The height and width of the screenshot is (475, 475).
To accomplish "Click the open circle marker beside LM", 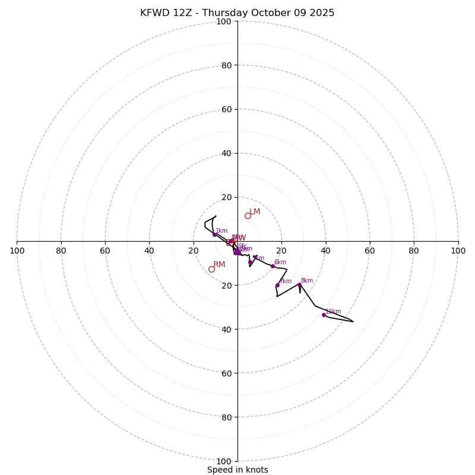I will click(248, 216).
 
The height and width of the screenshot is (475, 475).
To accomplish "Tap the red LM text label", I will click(255, 212).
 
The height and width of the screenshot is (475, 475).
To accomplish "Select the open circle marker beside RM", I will click(211, 269).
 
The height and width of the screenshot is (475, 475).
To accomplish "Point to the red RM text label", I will click(219, 265).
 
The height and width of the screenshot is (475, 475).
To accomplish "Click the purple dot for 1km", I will click(214, 235).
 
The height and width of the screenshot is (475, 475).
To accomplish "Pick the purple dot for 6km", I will click(273, 266).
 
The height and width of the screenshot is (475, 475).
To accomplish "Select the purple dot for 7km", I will click(277, 285).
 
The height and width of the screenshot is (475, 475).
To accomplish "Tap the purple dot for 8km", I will click(299, 285).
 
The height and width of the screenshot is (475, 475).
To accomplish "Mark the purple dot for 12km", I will click(324, 315).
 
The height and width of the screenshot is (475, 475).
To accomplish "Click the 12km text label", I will click(333, 311).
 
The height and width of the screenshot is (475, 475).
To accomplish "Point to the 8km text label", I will click(306, 281).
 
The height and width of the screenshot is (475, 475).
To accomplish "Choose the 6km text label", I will click(280, 262).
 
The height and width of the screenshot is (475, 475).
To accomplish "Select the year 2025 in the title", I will click(321, 13).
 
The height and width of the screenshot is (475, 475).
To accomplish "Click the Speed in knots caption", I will click(237, 470).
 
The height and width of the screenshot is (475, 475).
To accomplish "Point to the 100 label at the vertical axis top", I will click(224, 21).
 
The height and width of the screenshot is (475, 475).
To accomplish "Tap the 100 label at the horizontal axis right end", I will click(458, 251).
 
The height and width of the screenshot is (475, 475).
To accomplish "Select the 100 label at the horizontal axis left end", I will click(17, 251).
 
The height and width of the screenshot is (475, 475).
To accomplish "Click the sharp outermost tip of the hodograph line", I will click(353, 322).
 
